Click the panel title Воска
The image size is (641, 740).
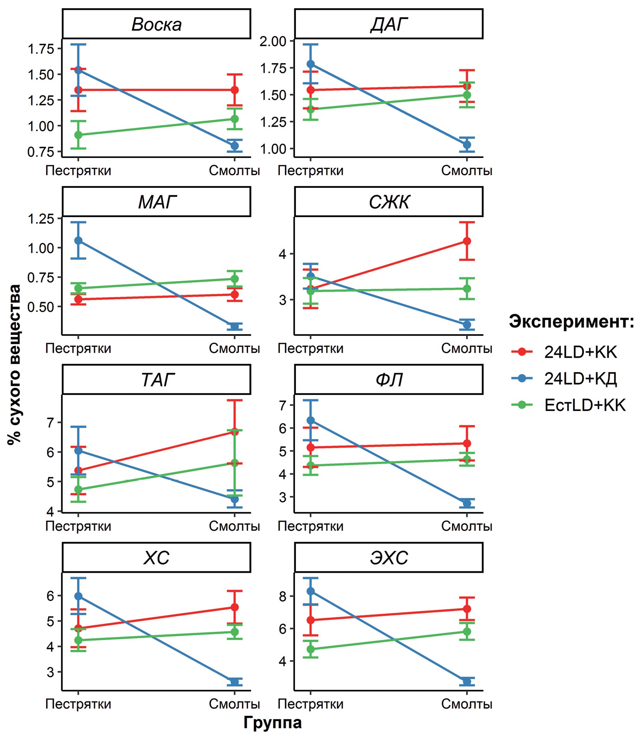pyautogui.click(x=156, y=24)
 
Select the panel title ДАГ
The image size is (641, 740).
pyautogui.click(x=389, y=24)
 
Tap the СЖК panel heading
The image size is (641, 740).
pyautogui.click(x=389, y=202)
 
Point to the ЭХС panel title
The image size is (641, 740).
pyautogui.click(x=389, y=558)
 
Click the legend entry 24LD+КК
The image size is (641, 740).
pyautogui.click(x=580, y=352)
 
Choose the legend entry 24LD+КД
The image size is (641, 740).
pyautogui.click(x=580, y=378)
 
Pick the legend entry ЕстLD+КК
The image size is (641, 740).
pyautogui.click(x=585, y=405)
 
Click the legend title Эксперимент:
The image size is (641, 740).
pyautogui.click(x=571, y=321)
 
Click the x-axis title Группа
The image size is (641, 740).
pyautogui.click(x=273, y=722)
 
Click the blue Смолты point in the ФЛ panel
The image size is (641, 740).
pyautogui.click(x=467, y=503)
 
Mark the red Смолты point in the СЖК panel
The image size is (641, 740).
pyautogui.click(x=467, y=241)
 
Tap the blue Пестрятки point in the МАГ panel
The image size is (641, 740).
pyautogui.click(x=78, y=240)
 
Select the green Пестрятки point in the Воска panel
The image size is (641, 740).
pyautogui.click(x=78, y=135)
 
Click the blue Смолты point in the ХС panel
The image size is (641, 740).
pyautogui.click(x=235, y=682)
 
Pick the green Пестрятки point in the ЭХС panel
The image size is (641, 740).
pyautogui.click(x=310, y=649)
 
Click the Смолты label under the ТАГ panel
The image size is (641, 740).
pyautogui.click(x=235, y=526)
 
